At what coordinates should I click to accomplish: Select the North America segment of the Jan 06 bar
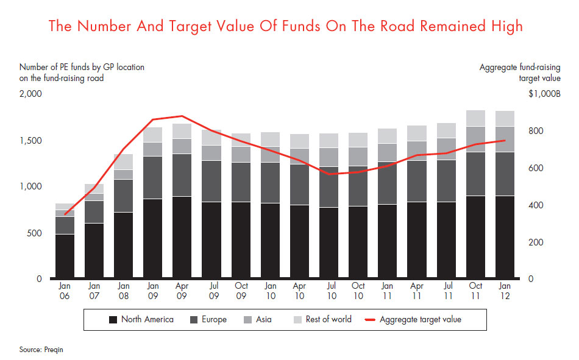coord(65,256)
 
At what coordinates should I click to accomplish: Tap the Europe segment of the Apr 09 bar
coord(182,175)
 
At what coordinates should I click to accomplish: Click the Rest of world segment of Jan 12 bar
coord(505,118)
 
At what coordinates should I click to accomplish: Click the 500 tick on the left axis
coord(34,233)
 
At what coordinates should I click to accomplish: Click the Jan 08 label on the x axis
coord(123,290)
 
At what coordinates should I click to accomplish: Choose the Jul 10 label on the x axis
coord(329,290)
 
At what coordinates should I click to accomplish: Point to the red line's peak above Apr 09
coord(182,116)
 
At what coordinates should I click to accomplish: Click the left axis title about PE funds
coord(82,72)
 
